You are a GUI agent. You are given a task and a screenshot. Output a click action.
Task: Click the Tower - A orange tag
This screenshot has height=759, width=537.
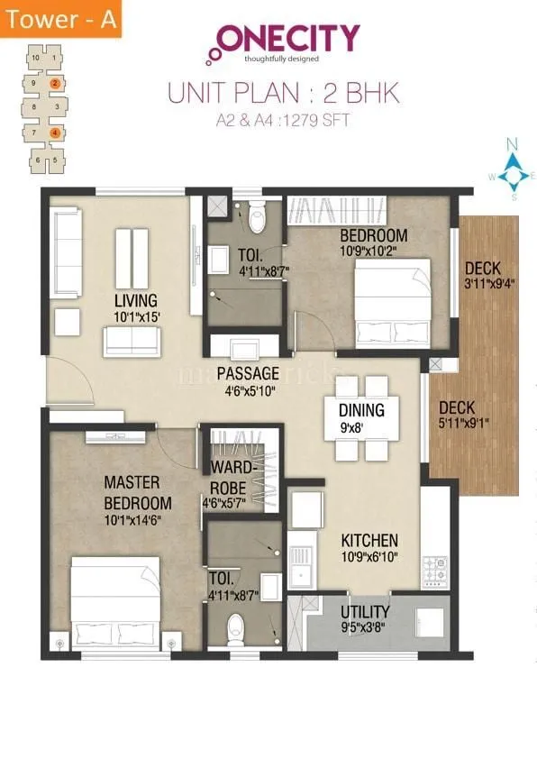tap(59, 18)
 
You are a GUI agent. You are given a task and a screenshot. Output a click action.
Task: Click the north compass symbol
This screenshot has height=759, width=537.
tap(512, 171)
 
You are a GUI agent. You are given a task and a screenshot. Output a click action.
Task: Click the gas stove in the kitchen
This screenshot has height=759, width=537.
tap(435, 570)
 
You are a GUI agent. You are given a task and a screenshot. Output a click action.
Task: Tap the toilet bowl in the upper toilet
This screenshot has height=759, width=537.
tap(256, 216)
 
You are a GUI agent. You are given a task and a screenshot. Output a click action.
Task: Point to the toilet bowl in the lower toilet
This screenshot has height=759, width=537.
tap(236, 626)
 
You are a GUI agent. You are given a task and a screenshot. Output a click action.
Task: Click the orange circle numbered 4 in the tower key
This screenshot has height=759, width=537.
tap(55, 133)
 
